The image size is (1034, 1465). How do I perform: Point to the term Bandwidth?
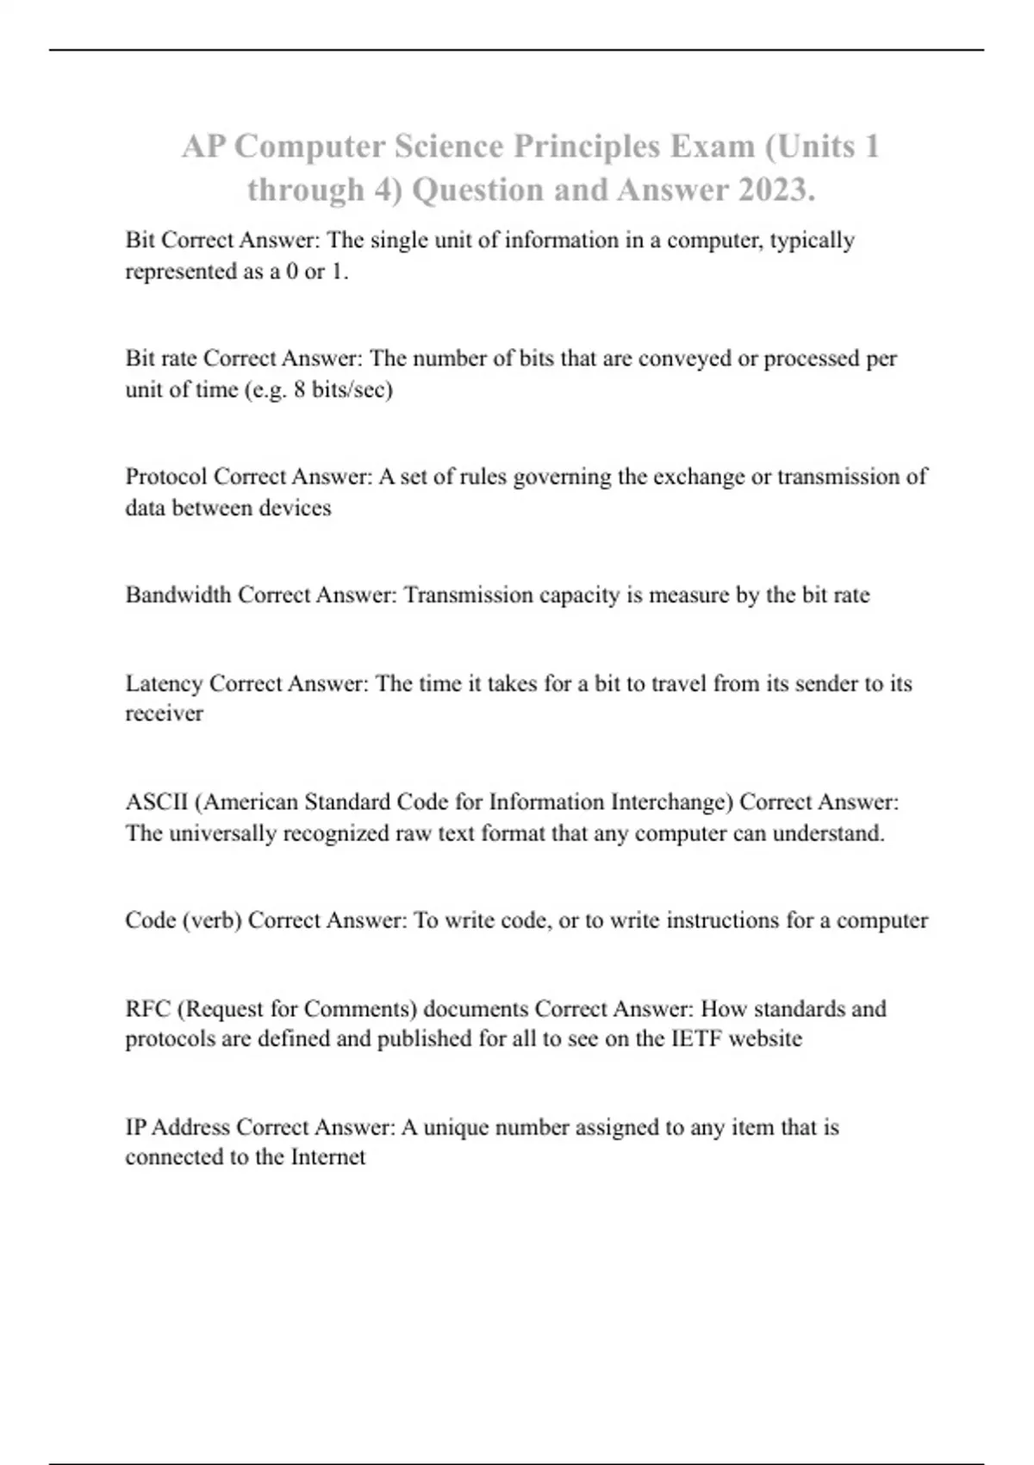tap(178, 595)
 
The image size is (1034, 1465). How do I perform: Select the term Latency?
tap(164, 683)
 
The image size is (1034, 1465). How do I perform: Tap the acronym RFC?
tap(147, 1008)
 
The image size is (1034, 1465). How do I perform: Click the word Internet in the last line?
tap(328, 1156)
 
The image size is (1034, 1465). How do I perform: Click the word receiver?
tap(164, 714)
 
